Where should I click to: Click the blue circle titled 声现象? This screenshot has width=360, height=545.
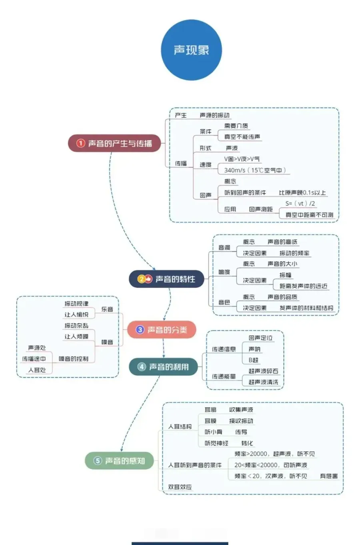pyautogui.click(x=191, y=50)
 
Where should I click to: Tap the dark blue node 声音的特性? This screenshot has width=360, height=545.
pyautogui.click(x=167, y=279)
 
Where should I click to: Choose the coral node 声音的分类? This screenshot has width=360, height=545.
pyautogui.click(x=162, y=330)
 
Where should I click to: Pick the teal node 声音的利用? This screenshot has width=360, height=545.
pyautogui.click(x=164, y=367)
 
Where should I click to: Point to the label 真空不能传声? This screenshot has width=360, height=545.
pyautogui.click(x=242, y=137)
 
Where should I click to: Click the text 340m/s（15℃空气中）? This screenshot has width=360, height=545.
pyautogui.click(x=255, y=170)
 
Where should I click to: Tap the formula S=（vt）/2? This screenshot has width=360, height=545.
pyautogui.click(x=300, y=203)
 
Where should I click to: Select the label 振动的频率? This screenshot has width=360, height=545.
pyautogui.click(x=294, y=253)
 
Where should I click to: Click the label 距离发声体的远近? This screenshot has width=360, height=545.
pyautogui.click(x=303, y=286)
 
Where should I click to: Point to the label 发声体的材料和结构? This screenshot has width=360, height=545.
pyautogui.click(x=306, y=308)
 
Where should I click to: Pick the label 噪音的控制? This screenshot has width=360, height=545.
pyautogui.click(x=74, y=359)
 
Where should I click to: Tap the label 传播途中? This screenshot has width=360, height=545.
pyautogui.click(x=34, y=359)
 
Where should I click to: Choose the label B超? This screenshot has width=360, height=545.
pyautogui.click(x=253, y=360)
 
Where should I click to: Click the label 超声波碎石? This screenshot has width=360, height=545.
pyautogui.click(x=263, y=371)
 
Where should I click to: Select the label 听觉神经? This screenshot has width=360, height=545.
pyautogui.click(x=216, y=443)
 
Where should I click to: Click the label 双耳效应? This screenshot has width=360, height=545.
pyautogui.click(x=180, y=487)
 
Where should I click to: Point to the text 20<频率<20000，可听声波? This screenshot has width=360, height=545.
pyautogui.click(x=271, y=465)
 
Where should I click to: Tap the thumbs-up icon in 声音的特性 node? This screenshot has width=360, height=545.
pyautogui.click(x=148, y=279)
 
